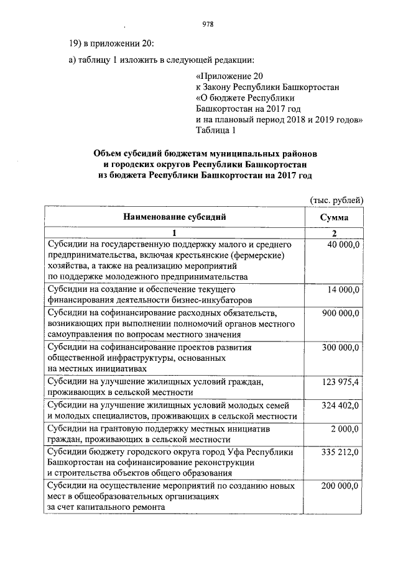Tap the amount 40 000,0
[341, 245]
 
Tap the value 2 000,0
[345, 429]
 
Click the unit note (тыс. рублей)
[336, 199]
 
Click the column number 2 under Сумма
[334, 233]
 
